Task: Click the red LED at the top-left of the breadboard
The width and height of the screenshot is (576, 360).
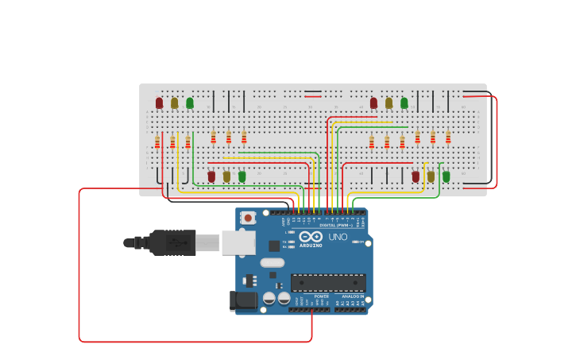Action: click(159, 103)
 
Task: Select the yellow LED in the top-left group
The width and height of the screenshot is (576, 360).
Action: click(174, 103)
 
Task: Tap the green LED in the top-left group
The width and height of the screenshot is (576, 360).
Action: click(189, 103)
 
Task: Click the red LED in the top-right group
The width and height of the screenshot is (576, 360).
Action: click(373, 103)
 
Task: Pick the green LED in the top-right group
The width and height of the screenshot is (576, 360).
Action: click(404, 103)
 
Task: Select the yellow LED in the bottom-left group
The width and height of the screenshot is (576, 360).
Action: click(226, 176)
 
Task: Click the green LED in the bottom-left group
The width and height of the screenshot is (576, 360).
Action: click(242, 176)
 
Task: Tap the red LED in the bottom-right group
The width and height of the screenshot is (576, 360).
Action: click(416, 176)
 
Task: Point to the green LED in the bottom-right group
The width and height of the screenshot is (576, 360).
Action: click(446, 176)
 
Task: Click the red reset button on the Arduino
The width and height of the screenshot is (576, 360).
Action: click(249, 218)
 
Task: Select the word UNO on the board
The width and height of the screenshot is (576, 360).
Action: click(338, 237)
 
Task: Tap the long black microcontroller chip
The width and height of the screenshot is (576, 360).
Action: click(328, 282)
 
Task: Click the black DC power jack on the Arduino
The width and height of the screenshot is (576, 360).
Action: click(243, 300)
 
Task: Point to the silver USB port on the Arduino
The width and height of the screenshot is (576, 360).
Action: click(238, 242)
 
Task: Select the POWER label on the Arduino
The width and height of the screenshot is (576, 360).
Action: click(321, 296)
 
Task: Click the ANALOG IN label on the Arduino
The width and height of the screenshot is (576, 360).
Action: click(354, 296)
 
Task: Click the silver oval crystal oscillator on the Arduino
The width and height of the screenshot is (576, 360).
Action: click(272, 262)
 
